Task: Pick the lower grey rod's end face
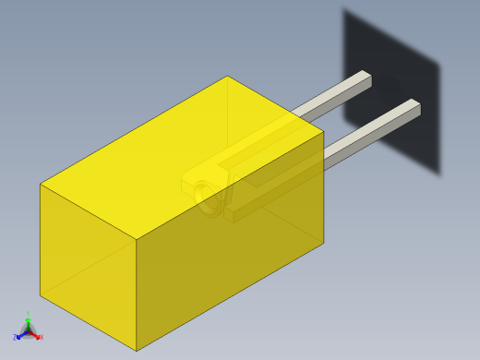416,111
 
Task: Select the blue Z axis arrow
20,335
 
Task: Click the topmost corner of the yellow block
227,76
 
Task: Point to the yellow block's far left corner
40,185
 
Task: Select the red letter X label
41,337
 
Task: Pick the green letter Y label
28,315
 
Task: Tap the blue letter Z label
15,338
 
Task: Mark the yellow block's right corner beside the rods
323,131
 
